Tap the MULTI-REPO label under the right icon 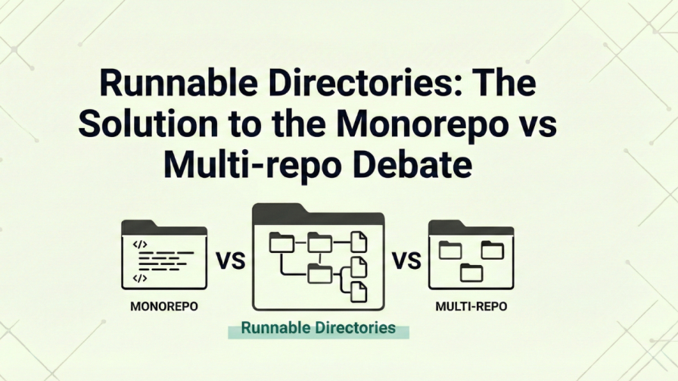click(x=471, y=308)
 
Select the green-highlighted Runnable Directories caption click(x=318, y=328)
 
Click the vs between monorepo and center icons click(x=230, y=262)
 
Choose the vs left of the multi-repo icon click(x=406, y=262)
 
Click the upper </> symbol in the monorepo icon click(x=140, y=244)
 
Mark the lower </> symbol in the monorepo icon click(x=140, y=278)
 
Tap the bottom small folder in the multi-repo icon click(x=471, y=272)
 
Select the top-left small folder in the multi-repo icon click(x=450, y=249)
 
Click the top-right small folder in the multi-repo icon click(x=492, y=249)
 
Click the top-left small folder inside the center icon click(x=281, y=242)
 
